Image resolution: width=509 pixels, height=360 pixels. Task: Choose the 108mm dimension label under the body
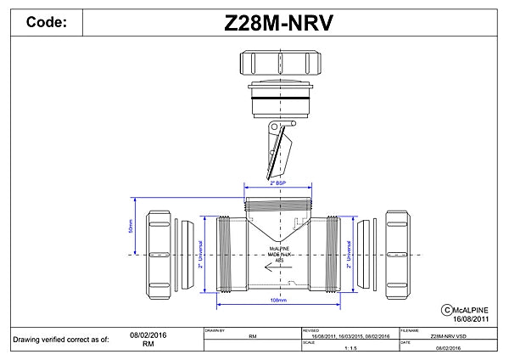(x=278, y=300)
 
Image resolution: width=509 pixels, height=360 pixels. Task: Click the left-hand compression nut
(x=161, y=251)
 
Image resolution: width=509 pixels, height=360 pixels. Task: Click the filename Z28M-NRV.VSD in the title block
(x=447, y=336)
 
